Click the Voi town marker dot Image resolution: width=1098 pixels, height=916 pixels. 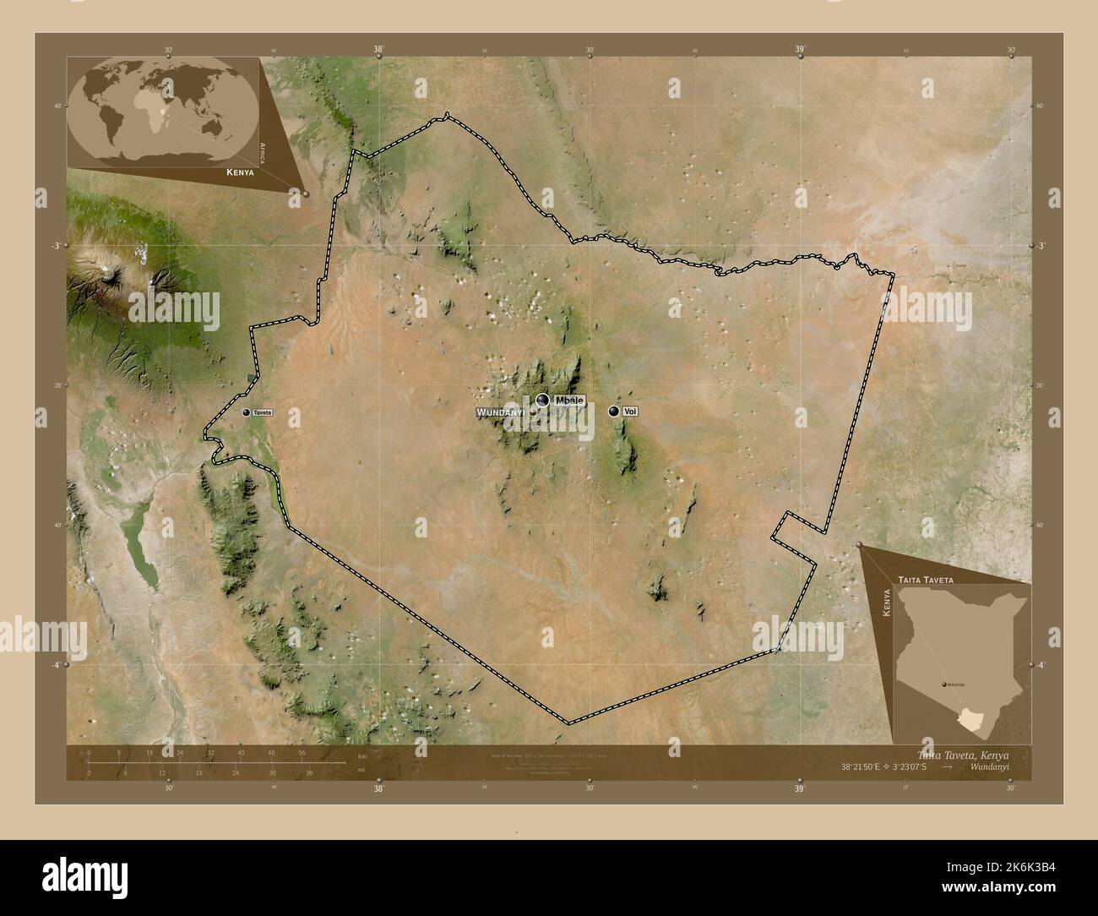pos(614,411)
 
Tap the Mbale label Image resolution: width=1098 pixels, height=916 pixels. pos(569,400)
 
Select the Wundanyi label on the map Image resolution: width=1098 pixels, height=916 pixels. pos(502,412)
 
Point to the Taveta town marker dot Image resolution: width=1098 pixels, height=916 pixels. pos(247,412)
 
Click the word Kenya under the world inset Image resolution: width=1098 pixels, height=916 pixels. pos(240,172)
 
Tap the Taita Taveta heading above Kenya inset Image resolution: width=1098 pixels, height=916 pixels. pos(927,581)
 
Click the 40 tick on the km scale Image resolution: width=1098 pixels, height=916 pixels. pos(241,752)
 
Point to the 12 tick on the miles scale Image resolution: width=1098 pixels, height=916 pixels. pos(161,772)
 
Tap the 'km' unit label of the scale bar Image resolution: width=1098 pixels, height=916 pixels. pos(361,755)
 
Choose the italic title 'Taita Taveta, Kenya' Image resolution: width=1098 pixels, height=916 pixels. pos(962,754)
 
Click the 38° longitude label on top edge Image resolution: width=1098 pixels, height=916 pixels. pos(379,50)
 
